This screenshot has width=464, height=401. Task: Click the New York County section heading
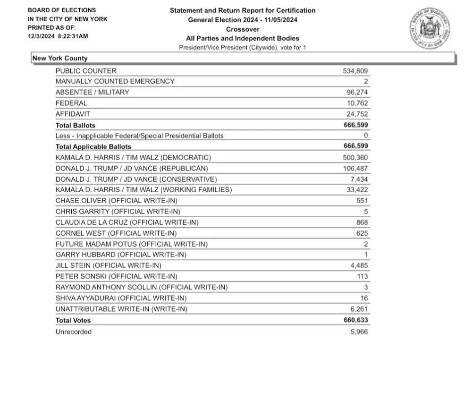tap(60, 58)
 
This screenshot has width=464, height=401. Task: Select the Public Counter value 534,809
tap(355, 71)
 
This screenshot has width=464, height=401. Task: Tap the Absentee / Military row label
tap(92, 92)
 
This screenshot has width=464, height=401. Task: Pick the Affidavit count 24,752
tap(357, 114)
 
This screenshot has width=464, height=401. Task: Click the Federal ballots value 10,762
tap(357, 103)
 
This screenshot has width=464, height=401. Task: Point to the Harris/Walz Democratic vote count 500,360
tap(355, 157)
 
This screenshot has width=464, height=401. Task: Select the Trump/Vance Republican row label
tap(132, 168)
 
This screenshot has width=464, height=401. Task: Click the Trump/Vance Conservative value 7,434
tap(359, 179)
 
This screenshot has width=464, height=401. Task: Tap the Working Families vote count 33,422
tap(357, 190)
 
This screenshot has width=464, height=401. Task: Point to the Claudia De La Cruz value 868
tap(362, 222)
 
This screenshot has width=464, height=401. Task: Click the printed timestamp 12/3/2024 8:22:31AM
tap(58, 36)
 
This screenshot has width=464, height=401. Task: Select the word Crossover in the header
tap(243, 29)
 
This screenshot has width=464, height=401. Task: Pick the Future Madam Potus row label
tap(131, 244)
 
